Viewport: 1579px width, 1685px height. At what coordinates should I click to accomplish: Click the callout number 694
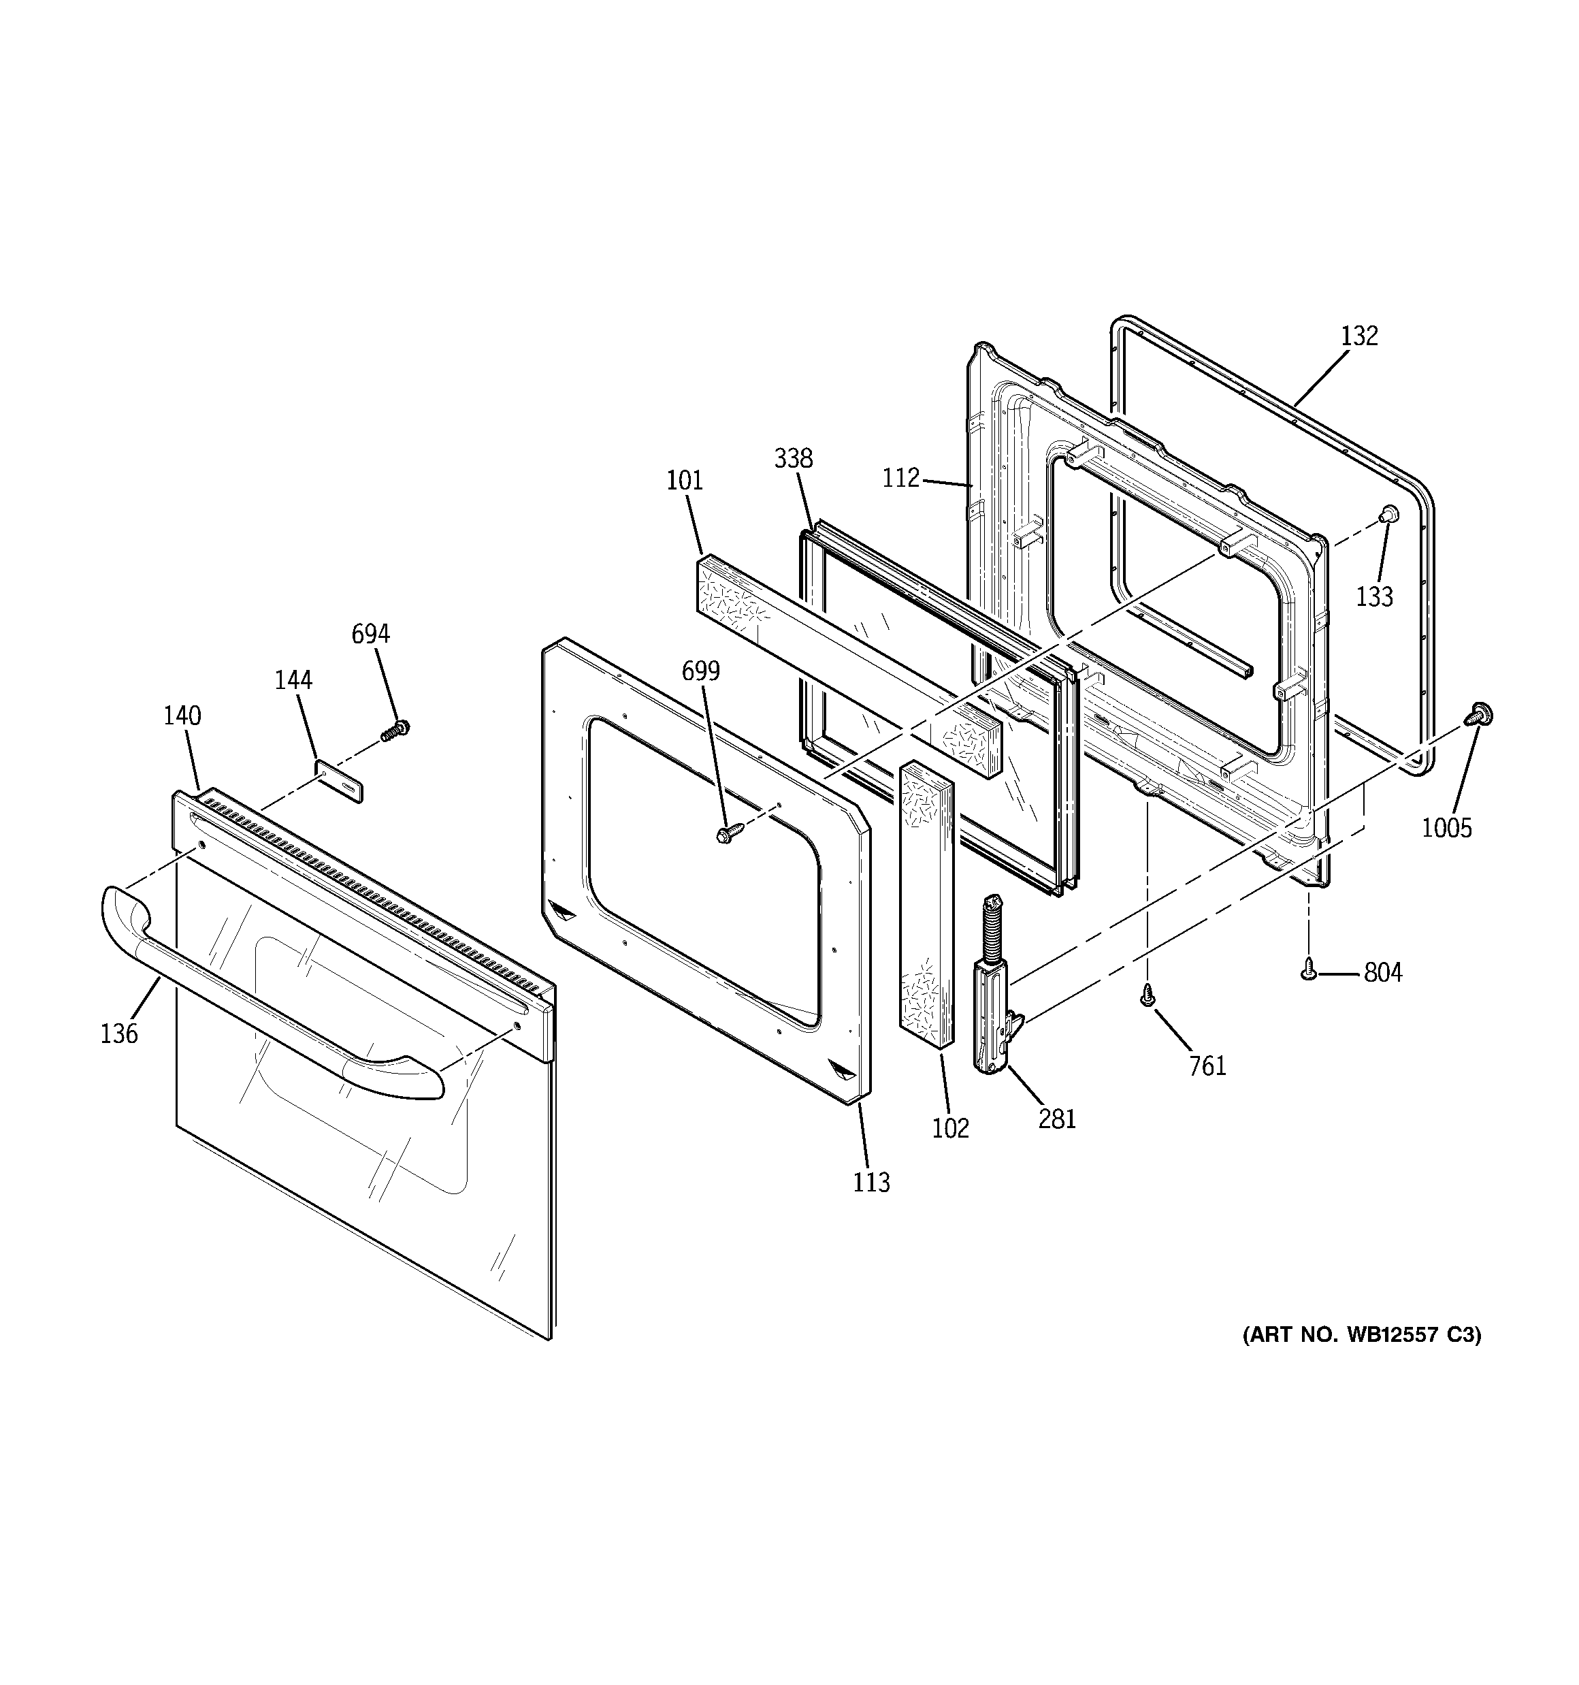tap(370, 634)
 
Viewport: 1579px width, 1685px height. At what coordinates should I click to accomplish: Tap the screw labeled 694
tap(395, 730)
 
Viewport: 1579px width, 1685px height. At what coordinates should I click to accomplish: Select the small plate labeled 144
tap(339, 780)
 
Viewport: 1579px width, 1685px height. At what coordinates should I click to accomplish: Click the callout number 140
tap(182, 716)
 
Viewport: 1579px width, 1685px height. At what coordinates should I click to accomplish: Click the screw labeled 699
tap(728, 833)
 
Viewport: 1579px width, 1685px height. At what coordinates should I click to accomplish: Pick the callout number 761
tap(1208, 1065)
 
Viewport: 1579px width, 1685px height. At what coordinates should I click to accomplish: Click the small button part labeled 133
tap(1390, 536)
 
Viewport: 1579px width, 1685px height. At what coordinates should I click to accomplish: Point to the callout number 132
tap(1359, 336)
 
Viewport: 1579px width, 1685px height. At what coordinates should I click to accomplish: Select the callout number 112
tap(900, 478)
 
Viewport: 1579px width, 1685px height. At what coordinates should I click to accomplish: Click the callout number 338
tap(794, 459)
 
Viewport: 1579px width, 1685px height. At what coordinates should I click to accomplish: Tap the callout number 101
tap(685, 481)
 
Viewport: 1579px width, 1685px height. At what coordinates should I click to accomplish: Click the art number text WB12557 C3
tap(1362, 1359)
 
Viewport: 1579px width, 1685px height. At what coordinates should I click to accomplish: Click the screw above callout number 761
tap(1147, 1000)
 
